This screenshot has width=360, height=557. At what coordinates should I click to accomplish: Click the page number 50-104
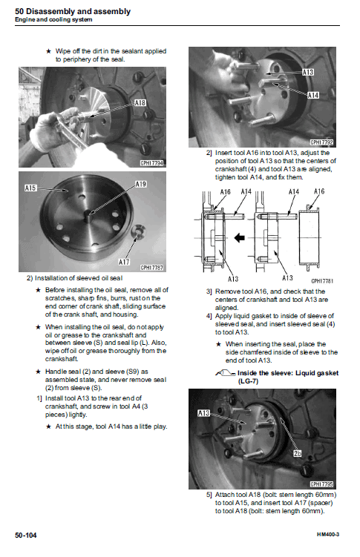tap(25, 535)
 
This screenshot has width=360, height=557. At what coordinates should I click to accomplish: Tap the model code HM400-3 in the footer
tap(328, 535)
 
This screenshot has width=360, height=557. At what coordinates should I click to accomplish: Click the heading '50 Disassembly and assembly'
tap(73, 11)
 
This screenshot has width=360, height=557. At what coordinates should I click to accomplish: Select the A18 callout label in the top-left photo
tap(140, 102)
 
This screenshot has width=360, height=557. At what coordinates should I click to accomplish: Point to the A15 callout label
tap(30, 188)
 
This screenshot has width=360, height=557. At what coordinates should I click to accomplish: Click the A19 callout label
tap(141, 184)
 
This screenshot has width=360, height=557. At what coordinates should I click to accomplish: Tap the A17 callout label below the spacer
tap(124, 262)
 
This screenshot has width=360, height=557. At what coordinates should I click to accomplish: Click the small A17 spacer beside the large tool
tap(138, 231)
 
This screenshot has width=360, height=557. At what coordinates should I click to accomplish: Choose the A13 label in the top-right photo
tap(308, 72)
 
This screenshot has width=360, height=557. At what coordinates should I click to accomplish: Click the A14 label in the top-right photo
tap(312, 95)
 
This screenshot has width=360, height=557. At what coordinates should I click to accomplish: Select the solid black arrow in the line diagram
tap(240, 237)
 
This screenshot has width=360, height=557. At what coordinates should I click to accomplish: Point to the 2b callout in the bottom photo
tap(298, 453)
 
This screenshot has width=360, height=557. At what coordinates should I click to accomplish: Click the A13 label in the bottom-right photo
tap(203, 413)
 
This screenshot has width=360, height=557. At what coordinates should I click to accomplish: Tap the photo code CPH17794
tap(151, 163)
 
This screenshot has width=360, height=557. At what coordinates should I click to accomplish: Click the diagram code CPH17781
tap(322, 281)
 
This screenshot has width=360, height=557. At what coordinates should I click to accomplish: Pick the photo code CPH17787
tap(151, 268)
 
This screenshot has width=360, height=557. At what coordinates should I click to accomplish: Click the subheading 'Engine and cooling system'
tap(53, 19)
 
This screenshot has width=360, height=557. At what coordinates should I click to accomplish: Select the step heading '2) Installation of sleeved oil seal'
tap(74, 278)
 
